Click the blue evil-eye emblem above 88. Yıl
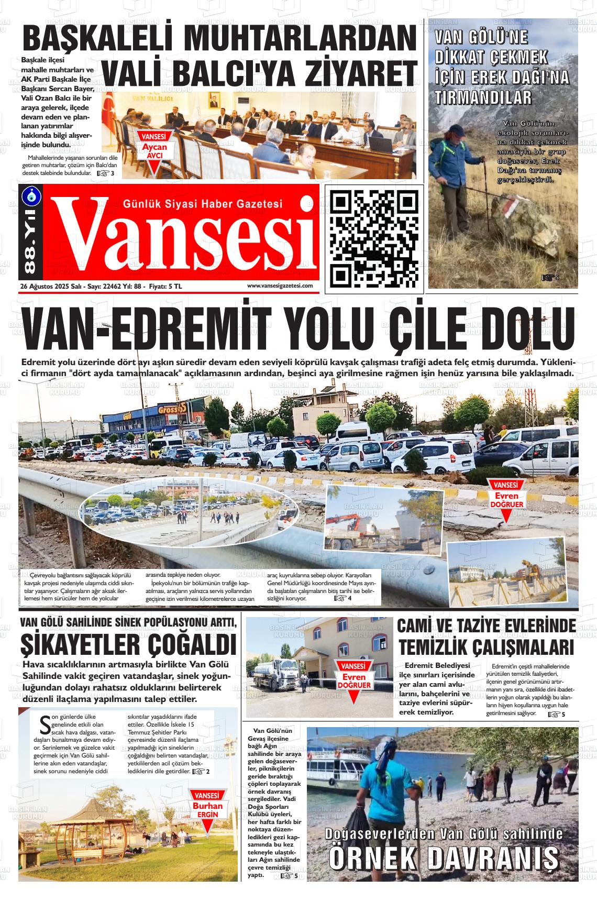pyautogui.click(x=30, y=195)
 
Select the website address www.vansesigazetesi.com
pyautogui.click(x=280, y=286)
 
